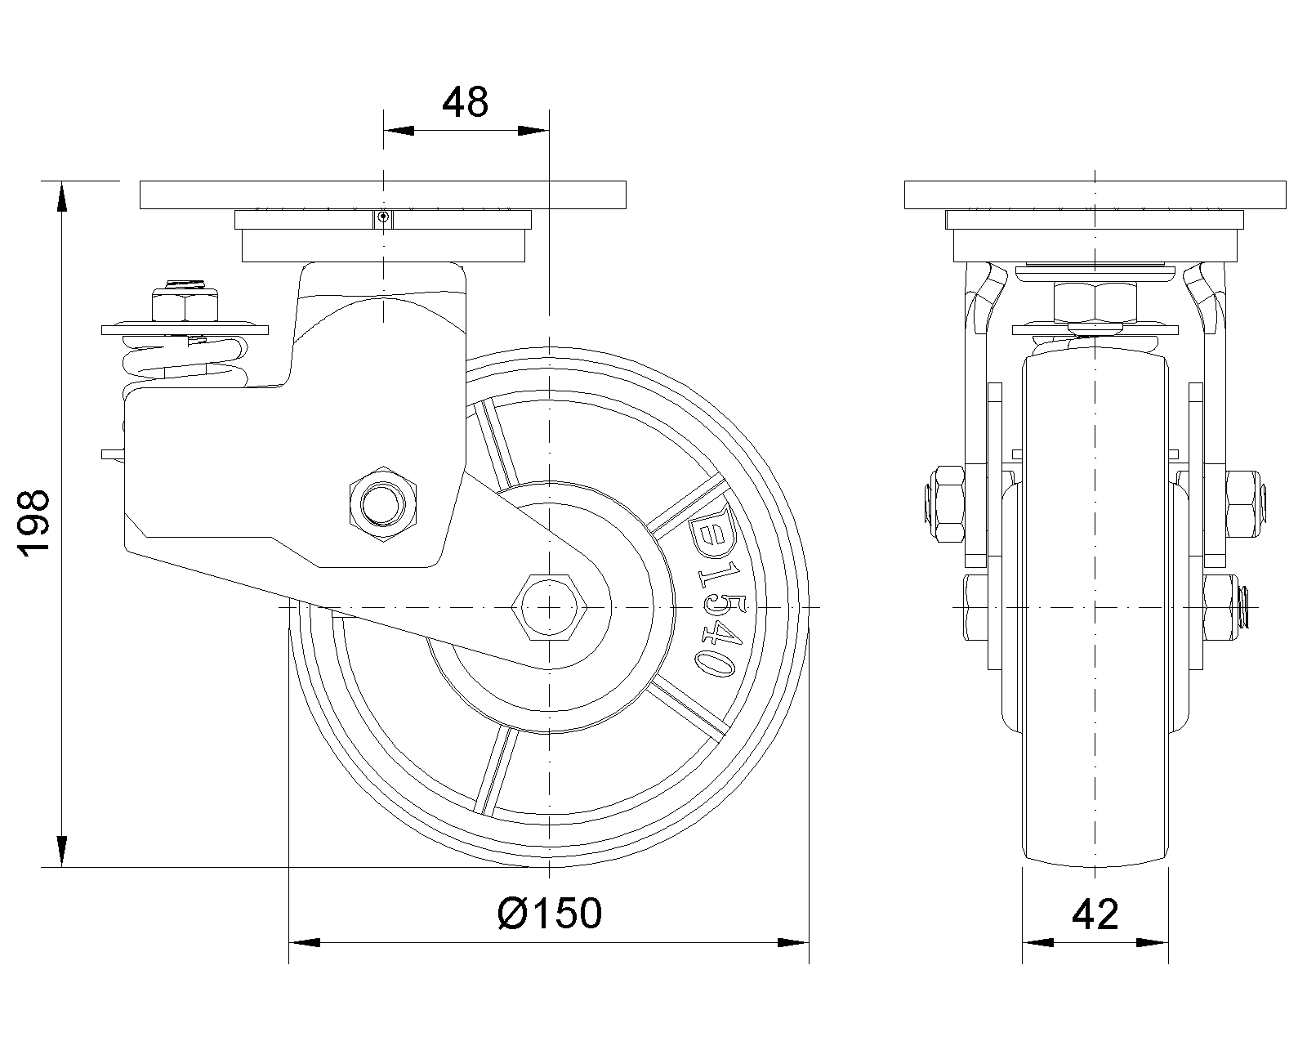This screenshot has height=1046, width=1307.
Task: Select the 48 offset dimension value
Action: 466,102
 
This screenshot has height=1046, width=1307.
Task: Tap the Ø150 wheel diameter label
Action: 550,913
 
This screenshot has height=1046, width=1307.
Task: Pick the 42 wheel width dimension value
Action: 1095,914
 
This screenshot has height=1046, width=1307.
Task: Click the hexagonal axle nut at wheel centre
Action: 549,606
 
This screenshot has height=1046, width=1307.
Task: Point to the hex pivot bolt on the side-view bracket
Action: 382,504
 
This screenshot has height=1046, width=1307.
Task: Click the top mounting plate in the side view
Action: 382,194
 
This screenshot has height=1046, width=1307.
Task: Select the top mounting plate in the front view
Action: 1095,194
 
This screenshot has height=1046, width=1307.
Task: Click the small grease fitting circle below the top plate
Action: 382,217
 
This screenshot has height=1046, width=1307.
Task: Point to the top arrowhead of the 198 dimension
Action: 62,198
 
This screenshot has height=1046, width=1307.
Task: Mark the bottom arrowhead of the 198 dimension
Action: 62,851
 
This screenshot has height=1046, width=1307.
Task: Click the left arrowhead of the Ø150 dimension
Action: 304,943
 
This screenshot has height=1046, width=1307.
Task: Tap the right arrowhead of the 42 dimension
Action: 1153,943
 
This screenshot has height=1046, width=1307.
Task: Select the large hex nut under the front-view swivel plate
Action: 1095,302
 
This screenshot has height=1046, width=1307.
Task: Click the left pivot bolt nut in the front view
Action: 943,504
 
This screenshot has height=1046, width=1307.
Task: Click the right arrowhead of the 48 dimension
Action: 533,131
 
